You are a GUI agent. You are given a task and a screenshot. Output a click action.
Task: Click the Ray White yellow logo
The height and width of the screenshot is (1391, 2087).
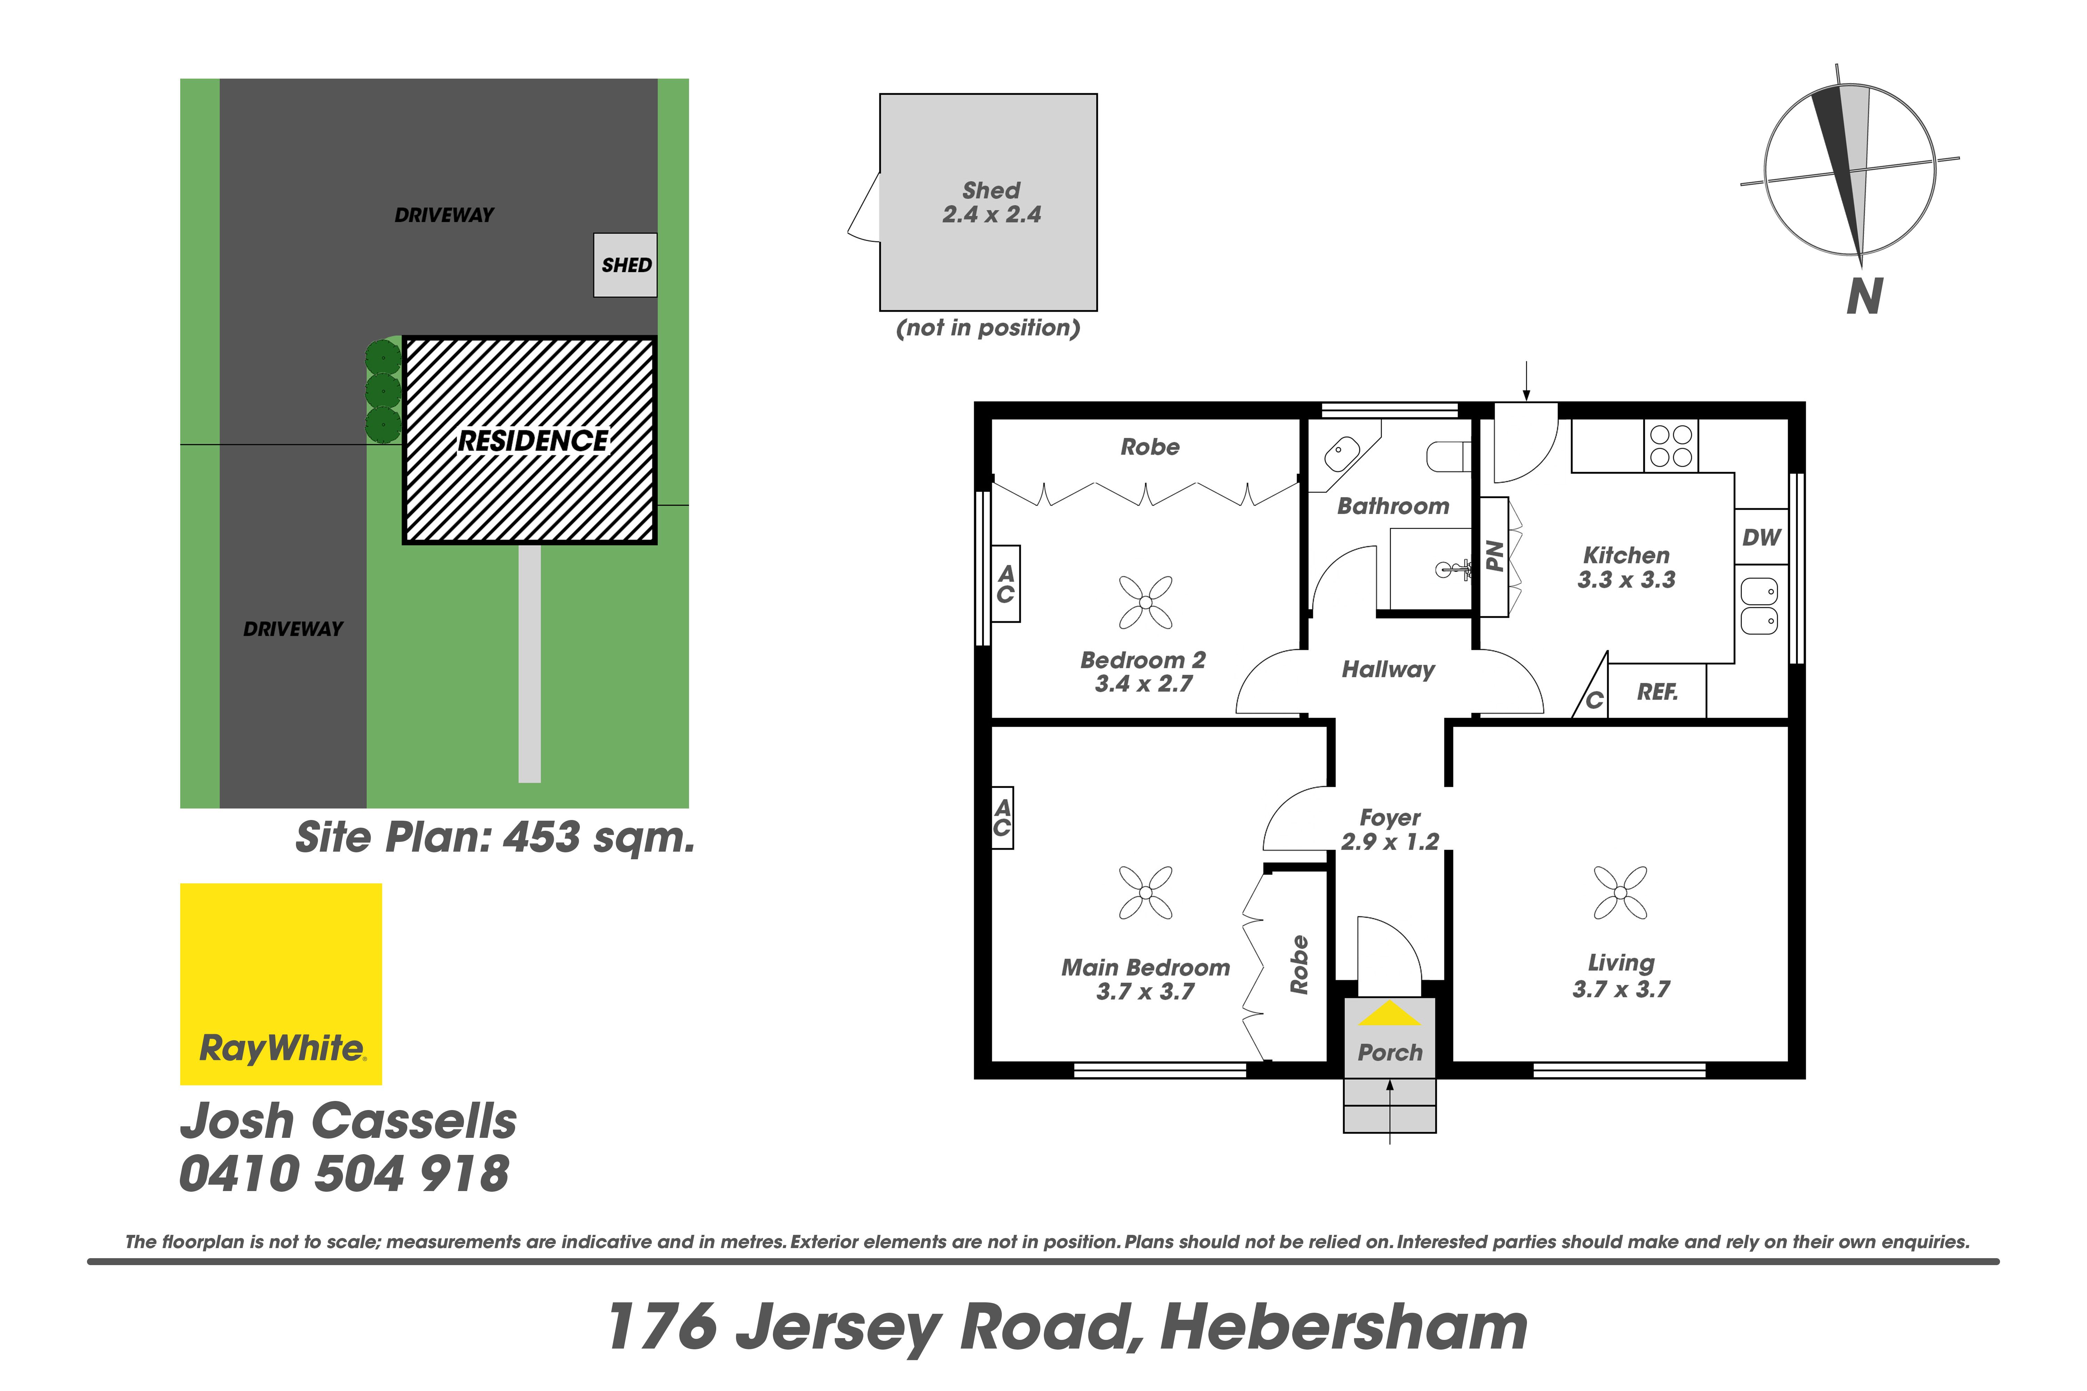coord(281,984)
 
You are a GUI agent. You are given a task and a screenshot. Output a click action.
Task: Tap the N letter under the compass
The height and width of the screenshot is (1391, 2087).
coord(1864,297)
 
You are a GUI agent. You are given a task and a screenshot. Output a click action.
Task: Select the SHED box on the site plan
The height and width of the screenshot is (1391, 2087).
coord(625,265)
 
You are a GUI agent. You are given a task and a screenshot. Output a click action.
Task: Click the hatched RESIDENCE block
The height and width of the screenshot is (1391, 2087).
coord(530,440)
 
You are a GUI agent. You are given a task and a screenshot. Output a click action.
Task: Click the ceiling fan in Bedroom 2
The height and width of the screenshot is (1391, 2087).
coord(1145,602)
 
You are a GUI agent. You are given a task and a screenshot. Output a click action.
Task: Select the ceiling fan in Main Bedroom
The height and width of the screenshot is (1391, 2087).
coord(1145,892)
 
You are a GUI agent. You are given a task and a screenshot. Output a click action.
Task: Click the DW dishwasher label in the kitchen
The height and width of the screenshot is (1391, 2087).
coord(1761,537)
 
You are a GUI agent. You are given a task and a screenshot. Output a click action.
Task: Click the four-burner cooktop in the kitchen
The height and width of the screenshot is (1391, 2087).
coord(1672,445)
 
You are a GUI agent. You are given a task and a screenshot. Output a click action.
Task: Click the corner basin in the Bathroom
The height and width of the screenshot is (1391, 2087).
coord(1342,453)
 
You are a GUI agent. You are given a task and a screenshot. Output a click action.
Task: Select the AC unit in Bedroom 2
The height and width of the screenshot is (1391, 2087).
coord(1005,584)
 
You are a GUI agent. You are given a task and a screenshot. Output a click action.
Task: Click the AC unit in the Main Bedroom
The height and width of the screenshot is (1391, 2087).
coord(1002,818)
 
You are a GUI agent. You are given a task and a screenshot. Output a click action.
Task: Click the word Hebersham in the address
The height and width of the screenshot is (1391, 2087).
coord(1343,1327)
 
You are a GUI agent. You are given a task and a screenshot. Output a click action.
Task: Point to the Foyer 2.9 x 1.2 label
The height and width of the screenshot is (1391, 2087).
coord(1390,829)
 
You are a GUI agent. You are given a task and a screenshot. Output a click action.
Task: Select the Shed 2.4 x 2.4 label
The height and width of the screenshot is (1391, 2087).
coord(991,202)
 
